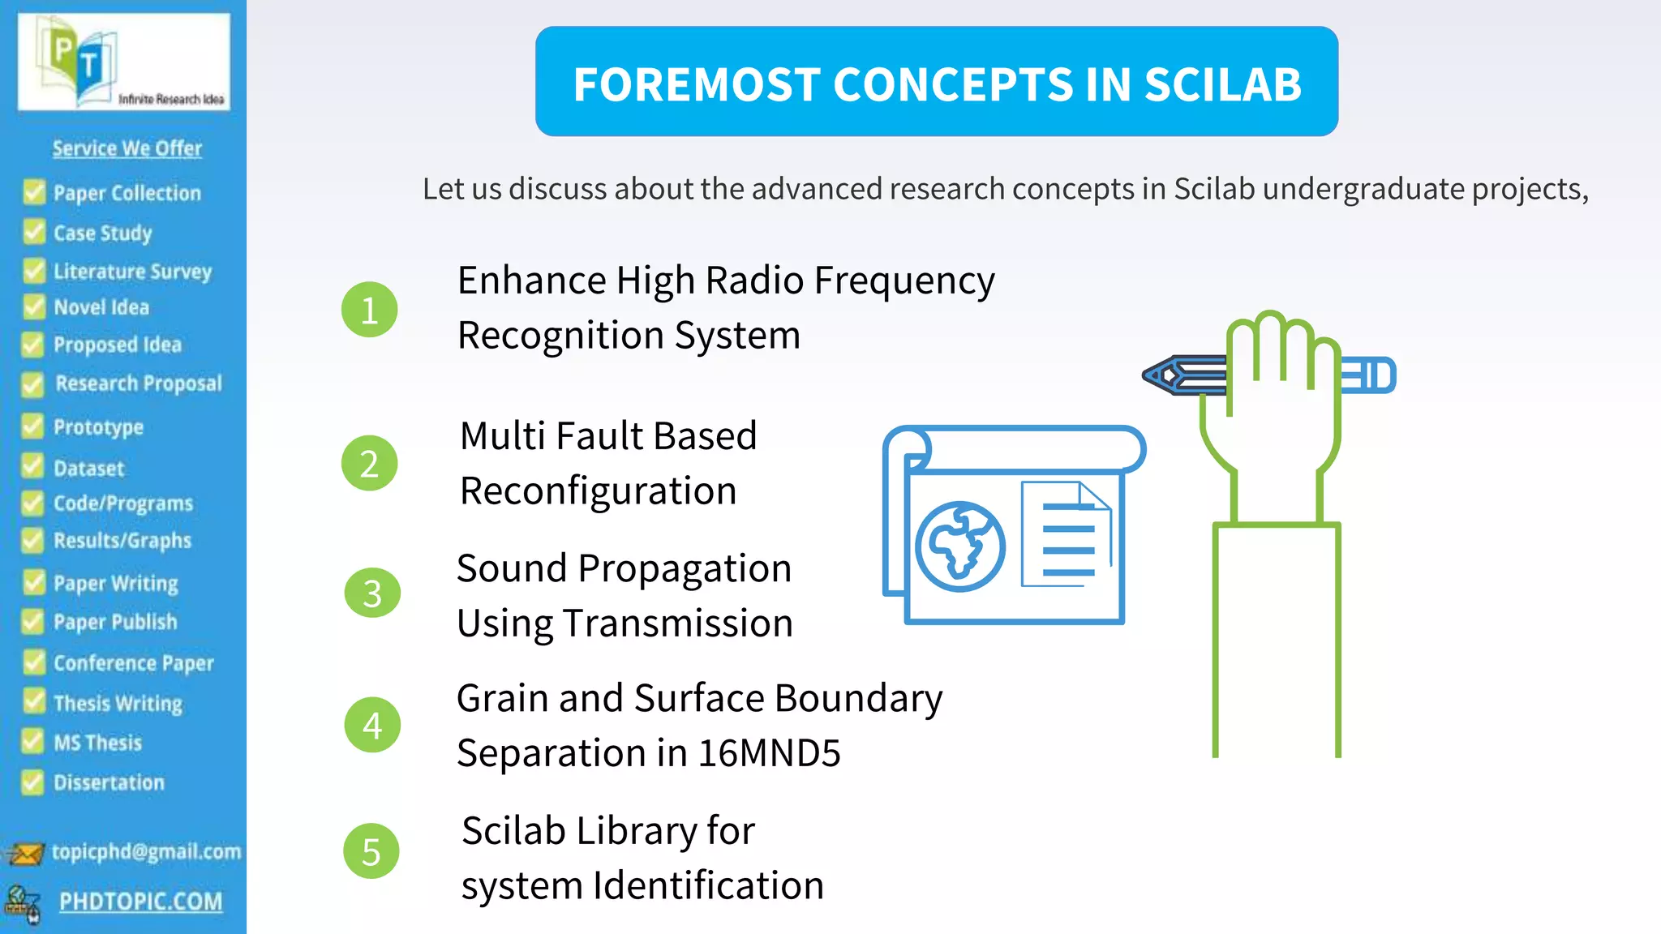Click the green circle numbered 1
[x=370, y=310]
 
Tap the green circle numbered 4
[x=372, y=725]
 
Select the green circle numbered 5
[x=371, y=851]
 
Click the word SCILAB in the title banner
[x=1222, y=84]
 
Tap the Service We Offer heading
[x=127, y=148]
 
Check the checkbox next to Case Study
[x=34, y=233]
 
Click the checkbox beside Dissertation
[x=32, y=782]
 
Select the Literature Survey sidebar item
[x=132, y=271]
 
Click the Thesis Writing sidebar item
[x=118, y=703]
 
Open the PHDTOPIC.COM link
[x=140, y=902]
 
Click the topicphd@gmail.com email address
[x=146, y=851]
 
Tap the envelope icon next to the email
[x=24, y=854]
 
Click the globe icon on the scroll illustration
[x=960, y=546]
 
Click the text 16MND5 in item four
[x=769, y=753]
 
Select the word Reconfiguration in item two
[x=598, y=491]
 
